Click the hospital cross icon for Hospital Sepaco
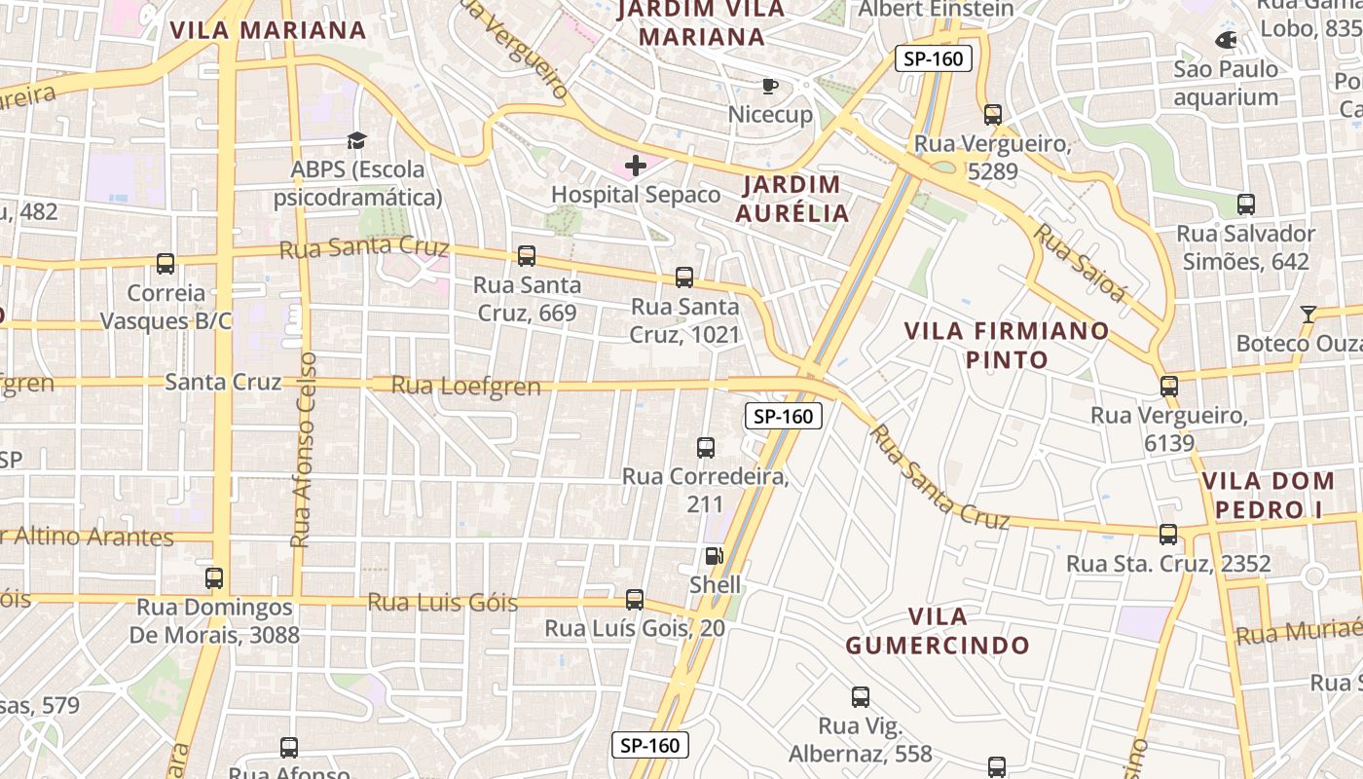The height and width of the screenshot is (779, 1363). (x=636, y=166)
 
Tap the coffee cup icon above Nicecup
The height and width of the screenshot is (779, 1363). (x=770, y=87)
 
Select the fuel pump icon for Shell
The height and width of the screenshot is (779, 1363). (x=715, y=556)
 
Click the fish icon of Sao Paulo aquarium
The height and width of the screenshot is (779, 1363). (x=1226, y=40)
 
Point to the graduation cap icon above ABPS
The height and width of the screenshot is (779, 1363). (x=357, y=141)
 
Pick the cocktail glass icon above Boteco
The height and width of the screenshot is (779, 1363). (x=1308, y=314)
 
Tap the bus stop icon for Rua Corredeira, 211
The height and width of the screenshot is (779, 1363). (x=706, y=448)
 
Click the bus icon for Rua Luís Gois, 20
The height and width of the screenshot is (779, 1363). (x=635, y=600)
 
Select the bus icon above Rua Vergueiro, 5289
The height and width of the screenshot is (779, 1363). (x=993, y=115)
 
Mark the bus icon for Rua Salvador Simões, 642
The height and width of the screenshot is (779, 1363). (x=1246, y=204)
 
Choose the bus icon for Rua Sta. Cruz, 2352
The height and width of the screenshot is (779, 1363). (x=1168, y=535)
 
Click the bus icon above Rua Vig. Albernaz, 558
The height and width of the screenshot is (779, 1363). (x=861, y=697)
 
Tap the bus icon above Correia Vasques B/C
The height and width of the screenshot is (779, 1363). (x=166, y=264)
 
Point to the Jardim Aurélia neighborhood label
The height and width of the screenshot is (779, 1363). (x=792, y=199)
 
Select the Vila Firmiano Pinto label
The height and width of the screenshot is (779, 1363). (x=1007, y=345)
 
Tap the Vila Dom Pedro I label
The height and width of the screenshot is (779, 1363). (x=1268, y=495)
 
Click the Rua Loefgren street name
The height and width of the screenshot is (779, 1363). (x=465, y=387)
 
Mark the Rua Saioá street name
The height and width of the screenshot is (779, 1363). (x=1079, y=263)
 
